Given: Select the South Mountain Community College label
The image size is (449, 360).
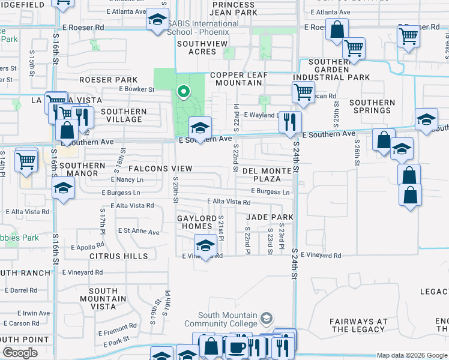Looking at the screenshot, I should click(228, 320).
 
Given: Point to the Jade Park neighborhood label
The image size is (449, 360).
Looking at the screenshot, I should click(268, 217).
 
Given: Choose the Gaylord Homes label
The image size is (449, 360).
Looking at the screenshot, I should click(194, 222).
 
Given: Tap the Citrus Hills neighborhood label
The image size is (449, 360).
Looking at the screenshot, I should click(118, 256).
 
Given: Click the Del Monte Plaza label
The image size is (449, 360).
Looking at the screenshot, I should click(267, 175).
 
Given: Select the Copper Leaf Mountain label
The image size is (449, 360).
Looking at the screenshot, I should click(243, 79).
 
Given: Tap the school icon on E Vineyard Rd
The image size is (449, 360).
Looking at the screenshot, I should click(205, 246).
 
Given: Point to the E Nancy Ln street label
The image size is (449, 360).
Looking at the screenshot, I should click(127, 179).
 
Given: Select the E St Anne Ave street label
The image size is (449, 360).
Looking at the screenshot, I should click(139, 231).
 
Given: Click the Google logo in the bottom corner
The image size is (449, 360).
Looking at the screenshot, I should click(20, 353).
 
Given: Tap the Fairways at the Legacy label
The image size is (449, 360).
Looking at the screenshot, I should click(358, 325).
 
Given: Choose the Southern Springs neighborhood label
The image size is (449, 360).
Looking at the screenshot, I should click(372, 106).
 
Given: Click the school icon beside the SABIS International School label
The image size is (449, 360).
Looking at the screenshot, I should click(158, 20).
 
